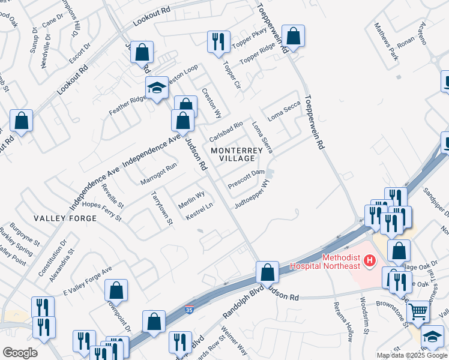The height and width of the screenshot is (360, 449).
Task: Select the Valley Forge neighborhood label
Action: pos(57,218)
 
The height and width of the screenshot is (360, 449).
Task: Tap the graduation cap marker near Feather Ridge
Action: pos(157,88)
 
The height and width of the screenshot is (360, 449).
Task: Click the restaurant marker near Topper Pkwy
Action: pos(217,41)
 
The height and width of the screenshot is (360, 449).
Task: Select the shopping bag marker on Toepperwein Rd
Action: pos(293,36)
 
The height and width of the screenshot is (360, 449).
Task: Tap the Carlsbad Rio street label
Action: pos(225,130)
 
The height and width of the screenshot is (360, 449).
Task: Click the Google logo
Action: pos(20,352)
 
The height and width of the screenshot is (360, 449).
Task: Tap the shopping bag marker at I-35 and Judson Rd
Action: pos(267,272)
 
